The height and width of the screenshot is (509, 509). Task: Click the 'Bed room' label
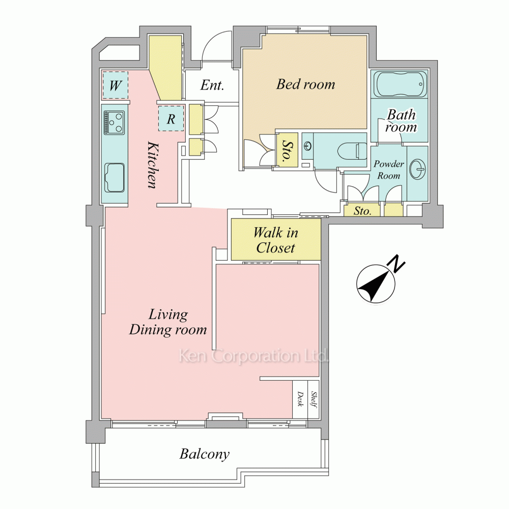click(x=305, y=84)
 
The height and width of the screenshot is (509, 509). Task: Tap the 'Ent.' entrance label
click(x=212, y=85)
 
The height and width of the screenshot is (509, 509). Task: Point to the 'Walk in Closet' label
click(x=275, y=240)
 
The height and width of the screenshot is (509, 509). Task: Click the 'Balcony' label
click(x=205, y=454)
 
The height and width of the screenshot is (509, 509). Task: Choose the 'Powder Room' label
click(x=388, y=169)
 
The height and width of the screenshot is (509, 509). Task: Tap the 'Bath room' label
click(x=401, y=121)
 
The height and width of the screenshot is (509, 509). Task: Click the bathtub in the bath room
click(x=400, y=84)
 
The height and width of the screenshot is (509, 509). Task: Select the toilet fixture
click(x=352, y=151)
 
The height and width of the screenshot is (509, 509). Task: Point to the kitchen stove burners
click(x=114, y=123)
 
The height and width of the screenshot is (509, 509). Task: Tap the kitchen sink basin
click(x=114, y=178)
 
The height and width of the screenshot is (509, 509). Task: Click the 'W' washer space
click(x=115, y=86)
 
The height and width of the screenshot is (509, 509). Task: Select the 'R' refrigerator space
click(x=171, y=119)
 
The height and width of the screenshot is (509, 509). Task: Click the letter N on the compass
click(x=397, y=264)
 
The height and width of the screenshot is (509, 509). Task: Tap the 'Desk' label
click(x=300, y=399)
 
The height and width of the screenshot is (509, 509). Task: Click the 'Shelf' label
click(x=314, y=399)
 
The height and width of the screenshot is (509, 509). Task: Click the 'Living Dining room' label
click(x=168, y=322)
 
